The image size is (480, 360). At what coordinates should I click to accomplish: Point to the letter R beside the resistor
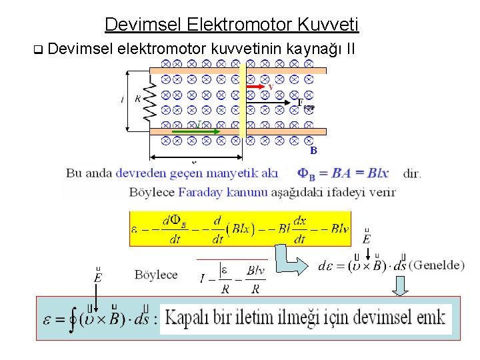pyautogui.click(x=138, y=99)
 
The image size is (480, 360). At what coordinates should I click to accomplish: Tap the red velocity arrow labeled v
pyautogui.click(x=257, y=87)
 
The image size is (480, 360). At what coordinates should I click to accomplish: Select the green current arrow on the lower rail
pyautogui.click(x=197, y=132)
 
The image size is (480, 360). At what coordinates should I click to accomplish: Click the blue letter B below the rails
pyautogui.click(x=313, y=151)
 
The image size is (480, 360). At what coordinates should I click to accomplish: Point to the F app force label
pyautogui.click(x=305, y=103)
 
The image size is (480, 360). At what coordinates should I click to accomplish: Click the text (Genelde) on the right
pyautogui.click(x=436, y=265)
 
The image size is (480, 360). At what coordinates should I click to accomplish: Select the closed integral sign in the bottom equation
pyautogui.click(x=71, y=318)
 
